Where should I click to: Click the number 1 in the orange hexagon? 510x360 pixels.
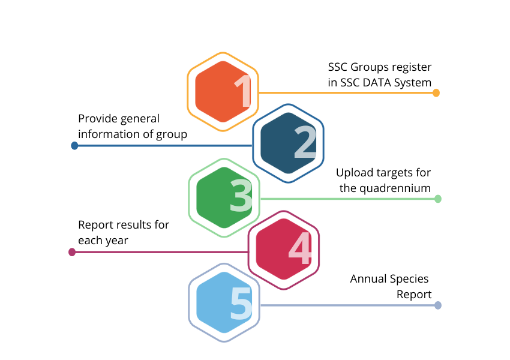pyautogui.click(x=243, y=91)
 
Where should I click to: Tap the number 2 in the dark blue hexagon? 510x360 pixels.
pyautogui.click(x=305, y=142)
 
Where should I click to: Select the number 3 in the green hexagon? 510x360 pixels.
pyautogui.click(x=241, y=196)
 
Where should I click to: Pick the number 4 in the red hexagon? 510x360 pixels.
pyautogui.click(x=300, y=248)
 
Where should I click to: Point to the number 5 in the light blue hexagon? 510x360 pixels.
pyautogui.click(x=241, y=303)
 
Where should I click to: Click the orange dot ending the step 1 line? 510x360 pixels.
pyautogui.click(x=436, y=93)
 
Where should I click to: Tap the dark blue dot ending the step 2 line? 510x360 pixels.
pyautogui.click(x=74, y=146)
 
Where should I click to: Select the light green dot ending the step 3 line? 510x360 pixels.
pyautogui.click(x=438, y=199)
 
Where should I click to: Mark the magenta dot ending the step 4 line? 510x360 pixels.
pyautogui.click(x=72, y=252)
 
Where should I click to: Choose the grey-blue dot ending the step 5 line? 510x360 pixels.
pyautogui.click(x=438, y=305)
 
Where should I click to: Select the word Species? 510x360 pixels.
pyautogui.click(x=409, y=279)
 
